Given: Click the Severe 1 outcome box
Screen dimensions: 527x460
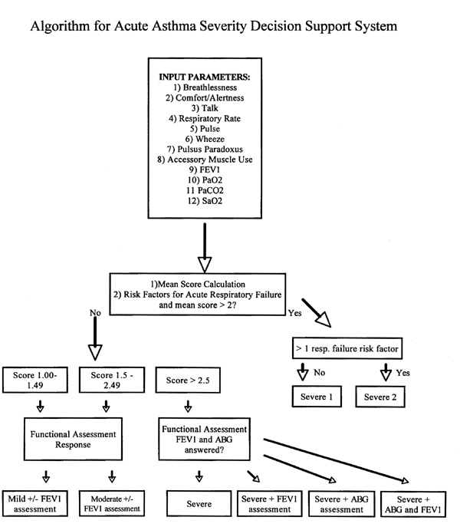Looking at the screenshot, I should [315, 397].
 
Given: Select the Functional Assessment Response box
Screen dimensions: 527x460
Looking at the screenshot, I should [74, 440].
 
